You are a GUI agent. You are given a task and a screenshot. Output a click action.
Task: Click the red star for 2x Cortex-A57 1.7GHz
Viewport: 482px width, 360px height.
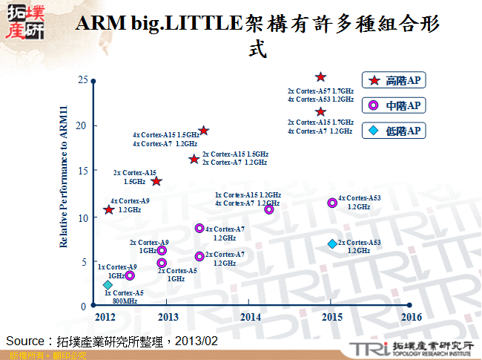(x=320, y=77)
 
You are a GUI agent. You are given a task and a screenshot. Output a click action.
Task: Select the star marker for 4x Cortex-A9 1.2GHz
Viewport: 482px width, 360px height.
(x=109, y=210)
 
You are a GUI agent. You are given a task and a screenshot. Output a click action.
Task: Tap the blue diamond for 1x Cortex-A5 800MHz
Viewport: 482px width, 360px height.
(x=108, y=285)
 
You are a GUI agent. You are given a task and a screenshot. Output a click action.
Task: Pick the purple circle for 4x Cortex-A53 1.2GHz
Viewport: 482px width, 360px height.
(x=332, y=203)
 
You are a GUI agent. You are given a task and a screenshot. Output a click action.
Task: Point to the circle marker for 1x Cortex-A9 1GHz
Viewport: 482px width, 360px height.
(x=130, y=275)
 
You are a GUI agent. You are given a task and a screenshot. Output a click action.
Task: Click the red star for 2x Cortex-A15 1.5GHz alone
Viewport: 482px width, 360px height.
(x=156, y=181)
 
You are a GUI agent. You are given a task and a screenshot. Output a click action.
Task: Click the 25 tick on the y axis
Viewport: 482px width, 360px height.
(x=83, y=79)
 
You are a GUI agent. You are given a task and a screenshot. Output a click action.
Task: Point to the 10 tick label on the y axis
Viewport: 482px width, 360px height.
(x=83, y=217)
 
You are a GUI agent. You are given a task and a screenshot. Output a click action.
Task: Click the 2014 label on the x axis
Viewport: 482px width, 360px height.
(x=250, y=317)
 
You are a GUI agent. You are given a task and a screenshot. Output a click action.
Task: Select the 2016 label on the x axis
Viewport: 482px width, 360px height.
(x=411, y=317)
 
